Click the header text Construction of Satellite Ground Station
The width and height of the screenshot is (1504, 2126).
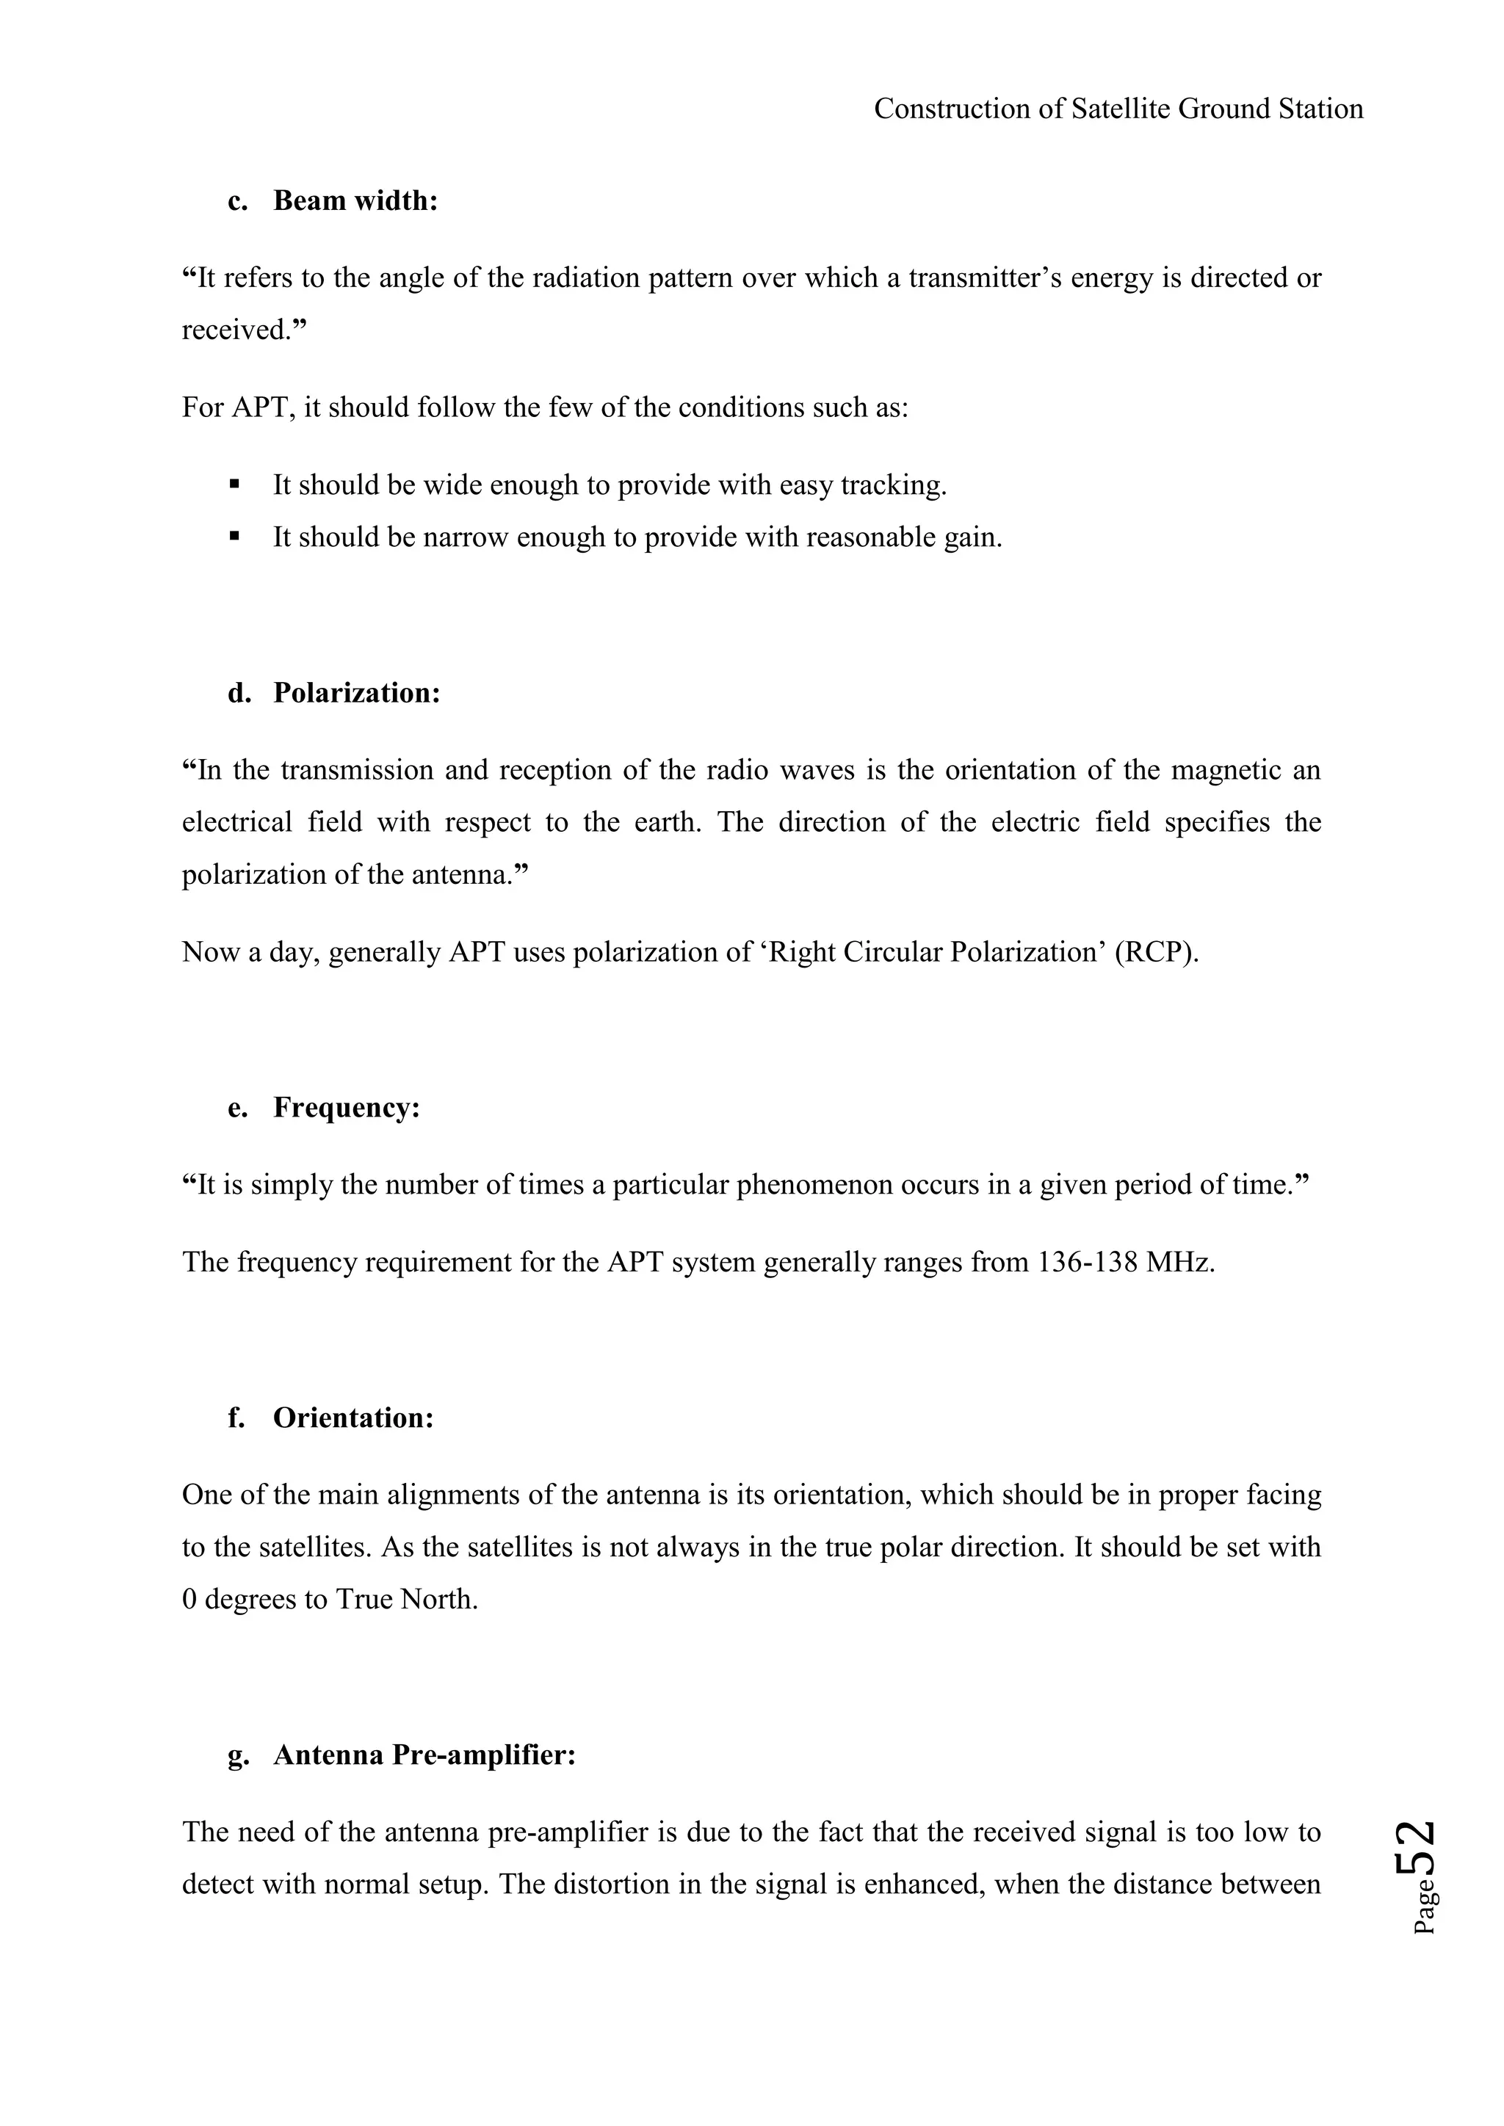pos(1118,109)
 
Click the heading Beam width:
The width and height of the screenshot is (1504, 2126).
pos(355,201)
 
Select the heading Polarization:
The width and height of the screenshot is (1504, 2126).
pos(357,694)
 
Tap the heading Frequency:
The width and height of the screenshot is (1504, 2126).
pos(347,1109)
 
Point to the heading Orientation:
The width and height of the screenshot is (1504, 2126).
pos(352,1418)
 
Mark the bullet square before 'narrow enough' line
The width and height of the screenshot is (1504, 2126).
pos(234,536)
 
